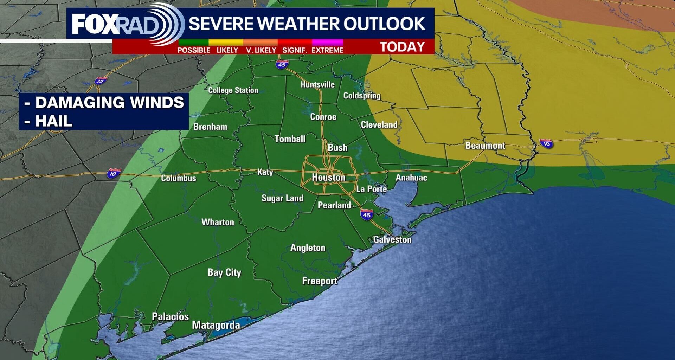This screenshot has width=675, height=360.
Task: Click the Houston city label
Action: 329,177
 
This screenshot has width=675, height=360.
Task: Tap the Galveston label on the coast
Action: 392,239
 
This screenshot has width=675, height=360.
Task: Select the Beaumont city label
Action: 485,145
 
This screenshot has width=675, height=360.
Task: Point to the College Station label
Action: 233,90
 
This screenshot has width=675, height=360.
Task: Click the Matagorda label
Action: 216,325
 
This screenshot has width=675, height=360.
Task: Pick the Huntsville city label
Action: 317,84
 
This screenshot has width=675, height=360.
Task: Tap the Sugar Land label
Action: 282,198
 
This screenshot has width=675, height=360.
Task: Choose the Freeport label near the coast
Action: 320,281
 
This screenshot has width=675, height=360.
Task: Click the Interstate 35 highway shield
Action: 100,81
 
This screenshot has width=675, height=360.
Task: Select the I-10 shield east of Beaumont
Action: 546,143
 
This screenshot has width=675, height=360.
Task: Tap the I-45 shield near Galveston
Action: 367,214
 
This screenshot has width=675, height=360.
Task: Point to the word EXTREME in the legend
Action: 327,50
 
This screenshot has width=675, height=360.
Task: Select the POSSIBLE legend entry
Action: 194,50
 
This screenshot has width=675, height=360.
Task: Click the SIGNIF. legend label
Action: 295,50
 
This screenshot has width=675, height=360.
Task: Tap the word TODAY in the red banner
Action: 403,47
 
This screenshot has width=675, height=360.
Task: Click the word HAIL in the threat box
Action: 53,121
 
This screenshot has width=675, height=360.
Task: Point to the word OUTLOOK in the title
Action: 384,24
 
